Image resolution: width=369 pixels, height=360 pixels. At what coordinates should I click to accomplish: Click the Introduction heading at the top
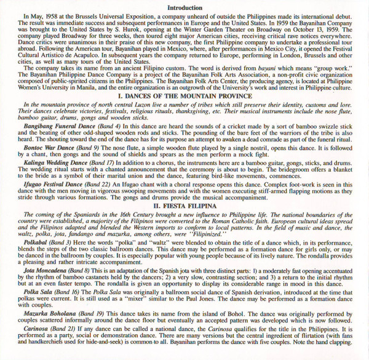pos(184,7)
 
